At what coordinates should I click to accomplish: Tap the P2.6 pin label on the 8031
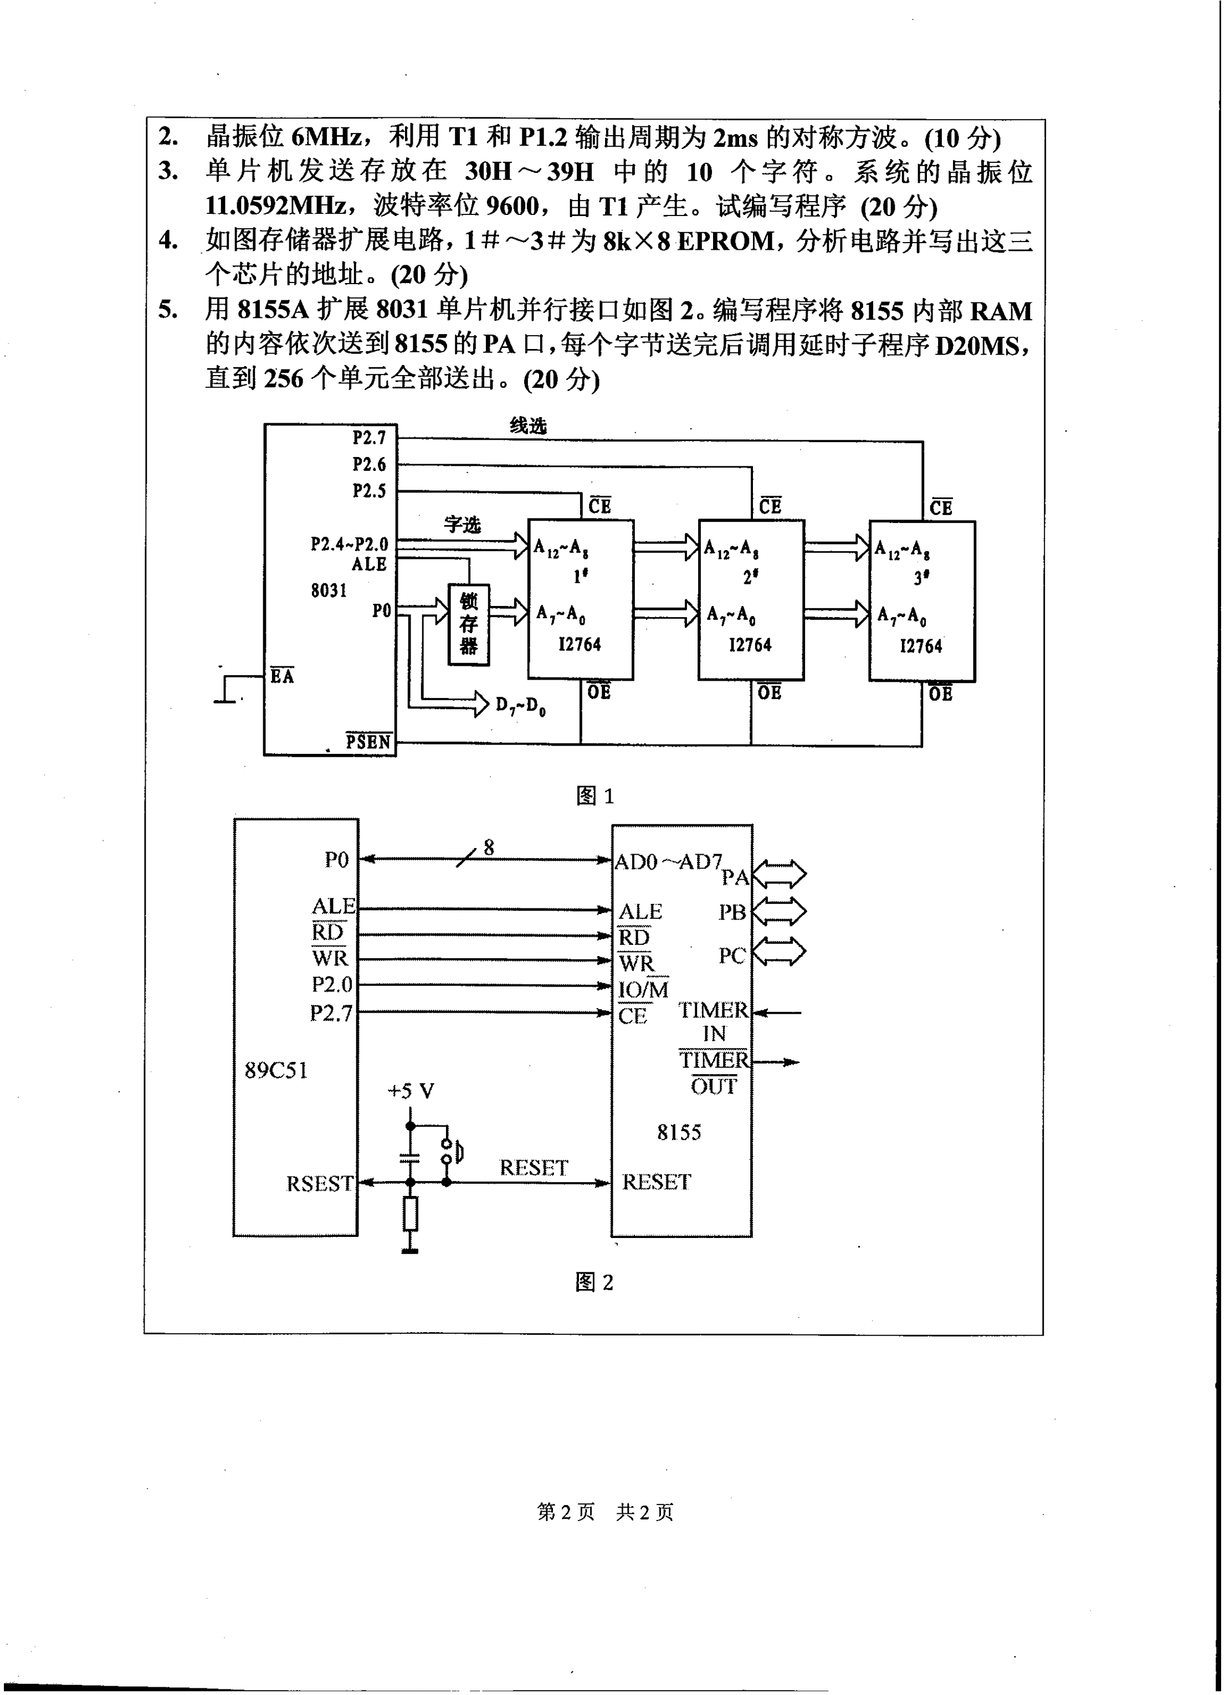point(369,465)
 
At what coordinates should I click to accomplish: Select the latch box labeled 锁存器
point(469,625)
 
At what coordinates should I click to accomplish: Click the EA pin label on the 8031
point(282,676)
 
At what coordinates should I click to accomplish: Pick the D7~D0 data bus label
point(520,706)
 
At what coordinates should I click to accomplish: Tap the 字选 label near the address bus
point(462,525)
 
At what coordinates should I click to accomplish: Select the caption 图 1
point(595,797)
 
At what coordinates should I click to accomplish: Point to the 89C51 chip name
point(276,1070)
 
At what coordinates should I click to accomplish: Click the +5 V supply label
point(411,1092)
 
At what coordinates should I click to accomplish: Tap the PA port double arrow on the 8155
point(779,873)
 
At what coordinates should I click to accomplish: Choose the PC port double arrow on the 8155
point(779,953)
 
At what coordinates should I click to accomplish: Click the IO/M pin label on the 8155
point(643,989)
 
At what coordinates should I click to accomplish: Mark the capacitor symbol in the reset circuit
point(409,1158)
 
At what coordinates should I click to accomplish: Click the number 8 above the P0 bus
point(489,847)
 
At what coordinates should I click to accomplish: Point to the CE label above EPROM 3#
point(941,507)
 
